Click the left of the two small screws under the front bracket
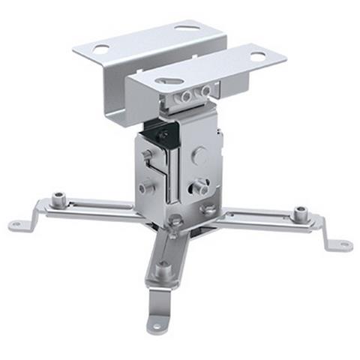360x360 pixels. coord(187,97)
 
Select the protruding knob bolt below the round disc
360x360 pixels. coord(199,183)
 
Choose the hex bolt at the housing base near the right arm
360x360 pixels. coord(209,209)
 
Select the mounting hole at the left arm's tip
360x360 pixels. coord(16,225)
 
